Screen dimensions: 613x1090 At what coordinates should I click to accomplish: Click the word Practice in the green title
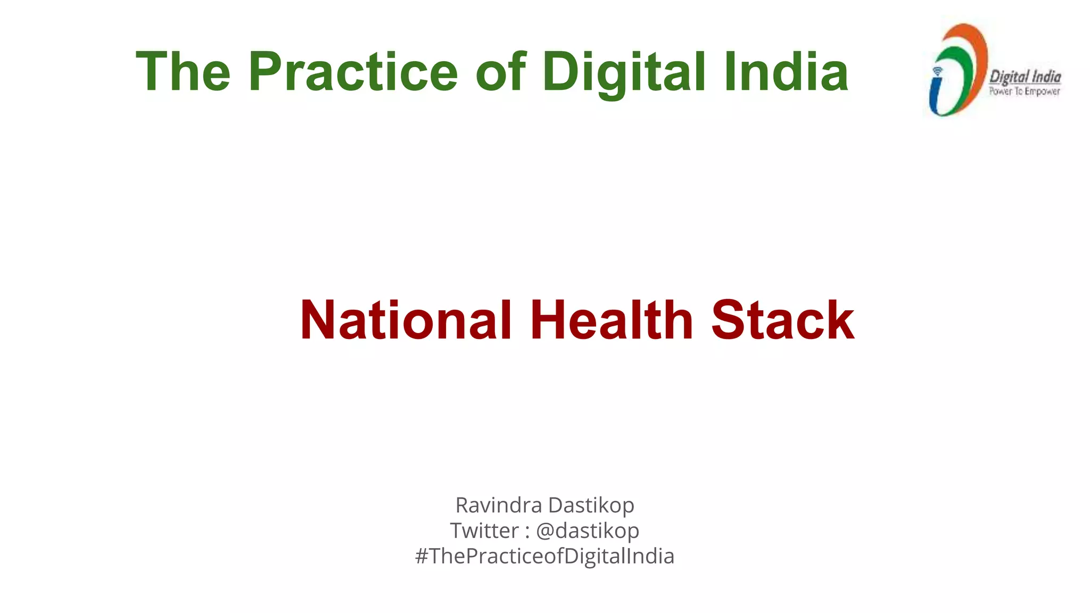(x=353, y=72)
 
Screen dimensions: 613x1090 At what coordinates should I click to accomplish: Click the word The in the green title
(x=183, y=72)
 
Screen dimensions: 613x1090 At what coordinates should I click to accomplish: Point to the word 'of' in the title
(x=500, y=72)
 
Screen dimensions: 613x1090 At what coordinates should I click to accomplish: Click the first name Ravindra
(x=499, y=505)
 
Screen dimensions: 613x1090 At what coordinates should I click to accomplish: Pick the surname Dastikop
(x=591, y=505)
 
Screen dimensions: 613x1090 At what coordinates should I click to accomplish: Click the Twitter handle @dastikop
(x=588, y=531)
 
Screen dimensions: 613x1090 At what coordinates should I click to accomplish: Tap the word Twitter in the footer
(x=484, y=531)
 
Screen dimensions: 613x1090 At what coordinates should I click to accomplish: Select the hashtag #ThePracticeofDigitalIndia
(x=544, y=556)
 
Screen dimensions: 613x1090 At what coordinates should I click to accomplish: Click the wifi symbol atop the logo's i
(x=937, y=71)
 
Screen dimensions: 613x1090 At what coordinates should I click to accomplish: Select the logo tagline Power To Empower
(x=1025, y=92)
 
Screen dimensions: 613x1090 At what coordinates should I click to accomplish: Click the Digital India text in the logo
(x=1025, y=77)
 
